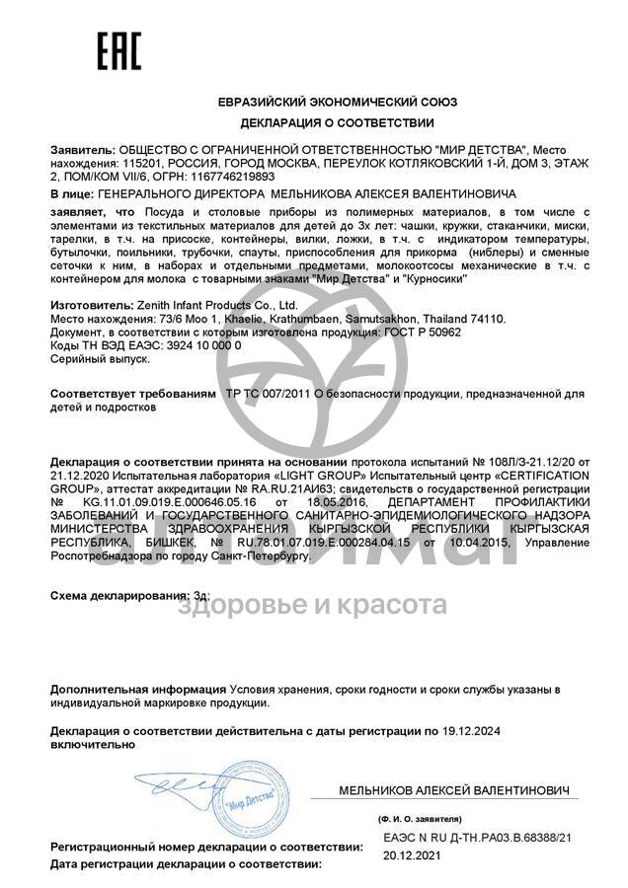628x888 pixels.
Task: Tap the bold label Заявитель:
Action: [82, 147]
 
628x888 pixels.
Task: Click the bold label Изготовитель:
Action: [90, 307]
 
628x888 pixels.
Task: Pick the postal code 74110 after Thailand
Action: [486, 320]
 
